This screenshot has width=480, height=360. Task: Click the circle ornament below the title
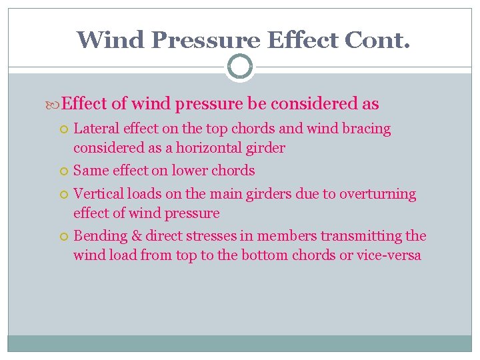(x=239, y=67)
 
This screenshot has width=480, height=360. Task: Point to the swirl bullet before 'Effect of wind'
(x=55, y=105)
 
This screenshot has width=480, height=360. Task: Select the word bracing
(x=366, y=129)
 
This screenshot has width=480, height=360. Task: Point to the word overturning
(x=377, y=195)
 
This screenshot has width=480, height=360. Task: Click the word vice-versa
(x=387, y=256)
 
